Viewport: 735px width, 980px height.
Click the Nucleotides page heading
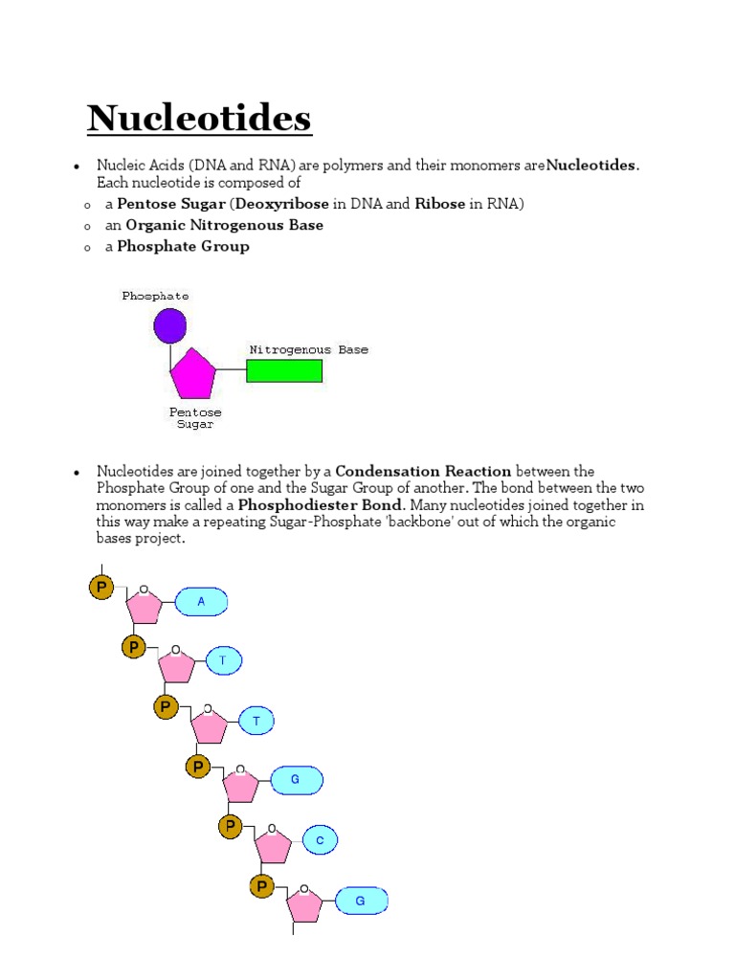point(199,120)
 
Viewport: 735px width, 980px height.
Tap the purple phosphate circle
point(169,325)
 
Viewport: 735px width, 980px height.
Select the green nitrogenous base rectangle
point(284,371)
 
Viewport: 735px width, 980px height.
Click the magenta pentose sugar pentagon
point(193,375)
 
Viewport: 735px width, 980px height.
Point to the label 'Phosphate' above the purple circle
point(155,296)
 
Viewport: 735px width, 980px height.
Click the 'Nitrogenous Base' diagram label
point(308,350)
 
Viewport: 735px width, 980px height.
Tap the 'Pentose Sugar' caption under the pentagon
point(195,418)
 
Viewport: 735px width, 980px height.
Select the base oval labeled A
point(201,602)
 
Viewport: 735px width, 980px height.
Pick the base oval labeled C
point(321,841)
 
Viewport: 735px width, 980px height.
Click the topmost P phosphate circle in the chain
point(100,587)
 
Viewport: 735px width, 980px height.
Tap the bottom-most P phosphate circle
point(261,887)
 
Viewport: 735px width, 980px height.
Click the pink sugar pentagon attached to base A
point(145,606)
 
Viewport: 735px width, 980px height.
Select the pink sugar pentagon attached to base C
point(273,845)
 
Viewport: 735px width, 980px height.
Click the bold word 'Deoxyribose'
point(281,204)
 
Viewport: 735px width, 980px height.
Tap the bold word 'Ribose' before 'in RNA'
point(439,204)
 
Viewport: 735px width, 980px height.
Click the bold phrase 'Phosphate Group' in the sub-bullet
point(183,246)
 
